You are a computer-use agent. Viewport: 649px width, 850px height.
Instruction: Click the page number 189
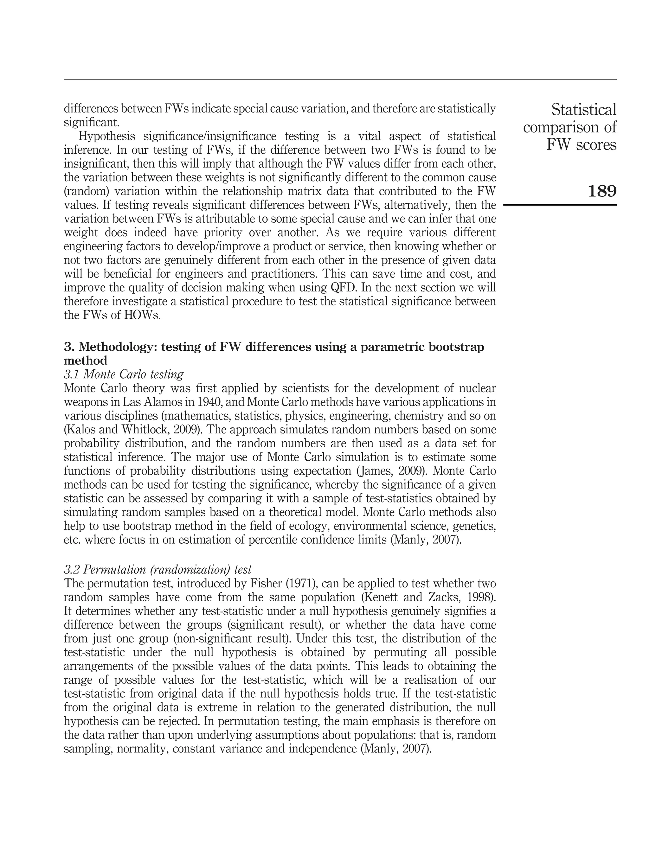click(602, 191)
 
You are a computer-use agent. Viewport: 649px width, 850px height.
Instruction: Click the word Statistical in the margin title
click(584, 110)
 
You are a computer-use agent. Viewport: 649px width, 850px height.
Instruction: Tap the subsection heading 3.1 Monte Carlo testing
click(124, 374)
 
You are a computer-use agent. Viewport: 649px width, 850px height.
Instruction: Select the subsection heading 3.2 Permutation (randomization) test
click(157, 570)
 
